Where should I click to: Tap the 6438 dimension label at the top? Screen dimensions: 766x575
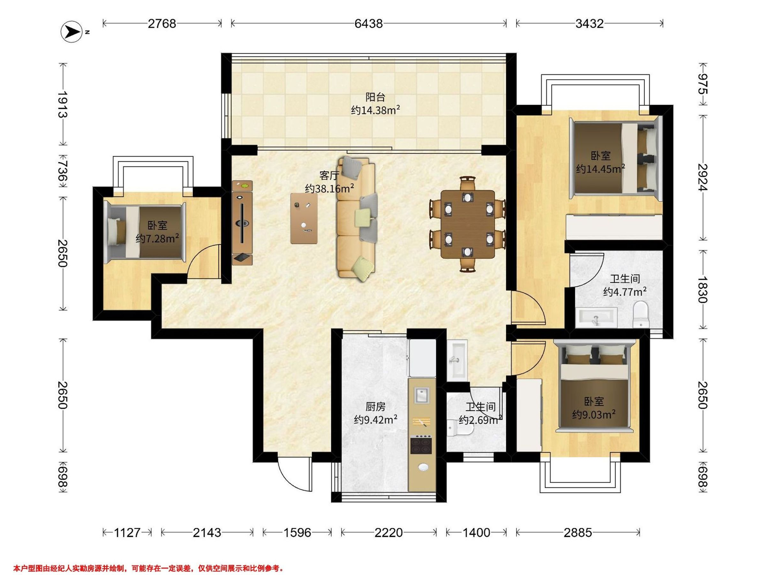[368, 24]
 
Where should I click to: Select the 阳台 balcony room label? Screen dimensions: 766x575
[375, 97]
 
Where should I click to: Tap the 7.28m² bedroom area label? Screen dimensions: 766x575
[158, 238]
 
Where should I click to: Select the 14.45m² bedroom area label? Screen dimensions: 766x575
[600, 169]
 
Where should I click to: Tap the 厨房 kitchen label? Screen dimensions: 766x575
[375, 407]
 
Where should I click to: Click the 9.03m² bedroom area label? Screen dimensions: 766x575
[594, 415]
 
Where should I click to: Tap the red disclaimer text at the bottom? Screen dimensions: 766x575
[148, 568]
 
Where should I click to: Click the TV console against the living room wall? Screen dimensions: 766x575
[242, 223]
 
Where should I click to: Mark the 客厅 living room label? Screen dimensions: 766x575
[329, 176]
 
